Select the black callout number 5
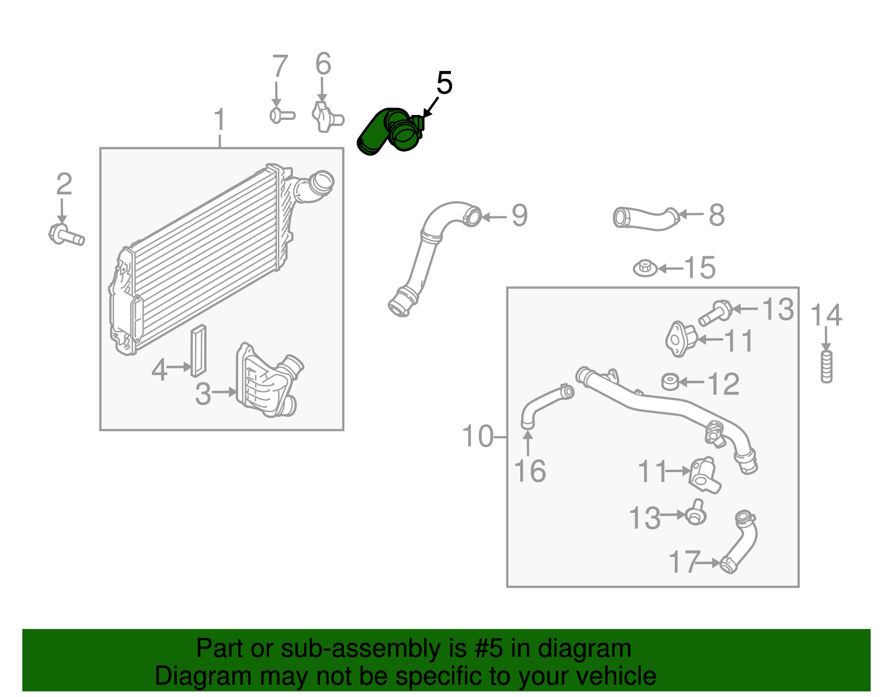[x=444, y=84]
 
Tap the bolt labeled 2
[x=66, y=234]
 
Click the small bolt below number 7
[x=281, y=116]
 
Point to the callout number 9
[x=519, y=216]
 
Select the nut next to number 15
[x=645, y=268]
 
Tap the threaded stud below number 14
[x=827, y=366]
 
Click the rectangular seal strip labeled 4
[x=198, y=351]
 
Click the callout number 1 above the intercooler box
[x=220, y=120]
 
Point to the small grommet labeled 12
[x=669, y=382]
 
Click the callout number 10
[x=478, y=436]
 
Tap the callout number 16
[x=530, y=472]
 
